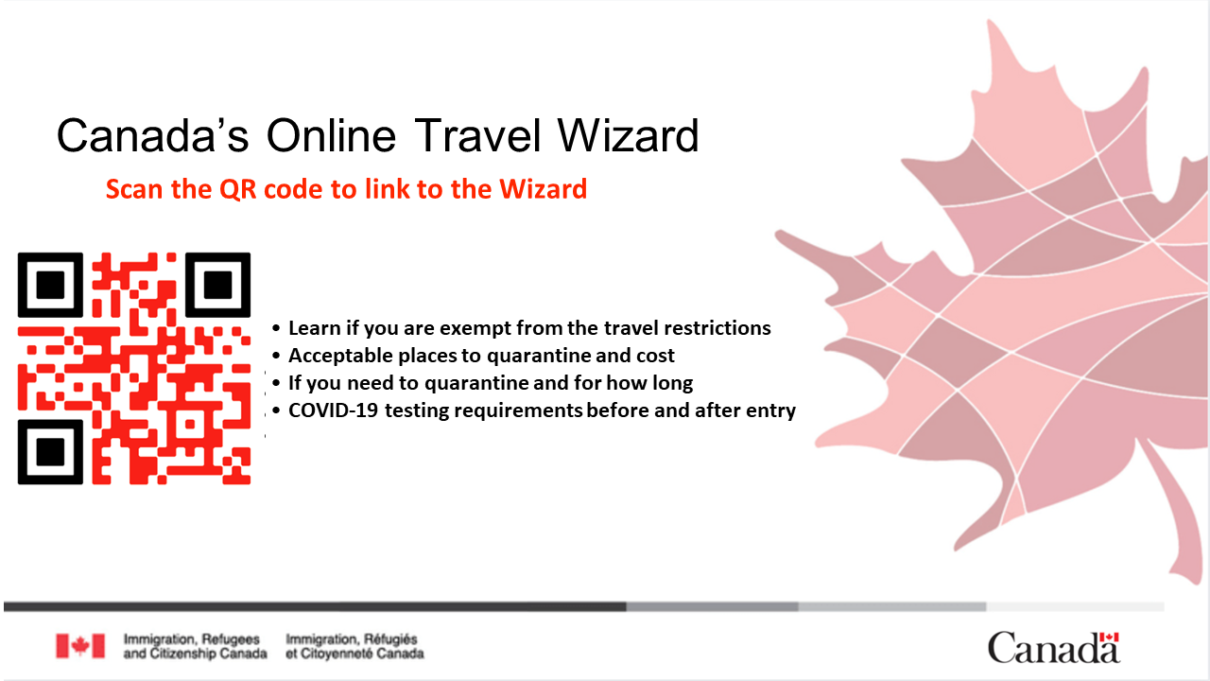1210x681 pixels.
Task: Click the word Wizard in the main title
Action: pos(629,135)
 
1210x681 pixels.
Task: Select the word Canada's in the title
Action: pos(152,135)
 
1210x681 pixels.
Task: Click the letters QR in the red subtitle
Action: pos(237,190)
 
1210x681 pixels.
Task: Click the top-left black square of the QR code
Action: pos(50,285)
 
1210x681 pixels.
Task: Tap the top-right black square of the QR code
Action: pos(217,285)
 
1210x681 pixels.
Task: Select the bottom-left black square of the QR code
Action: pos(50,452)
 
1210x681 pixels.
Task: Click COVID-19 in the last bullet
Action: pos(334,410)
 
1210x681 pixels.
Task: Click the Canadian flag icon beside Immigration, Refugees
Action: pos(80,646)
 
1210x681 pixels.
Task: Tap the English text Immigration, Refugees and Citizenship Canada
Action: pos(195,646)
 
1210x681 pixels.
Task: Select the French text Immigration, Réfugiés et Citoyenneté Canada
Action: pos(354,646)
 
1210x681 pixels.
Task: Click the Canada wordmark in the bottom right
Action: pos(1054,648)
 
